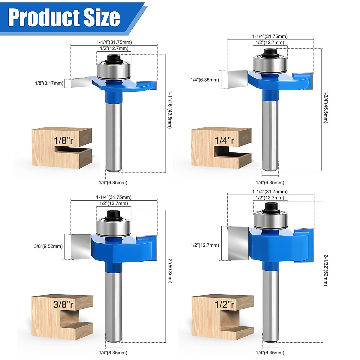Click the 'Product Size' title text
tap(64, 17)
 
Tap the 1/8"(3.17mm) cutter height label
tap(49, 83)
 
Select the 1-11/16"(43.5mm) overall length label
tap(170, 109)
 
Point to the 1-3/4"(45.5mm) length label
tap(326, 106)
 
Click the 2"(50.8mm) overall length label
tap(170, 271)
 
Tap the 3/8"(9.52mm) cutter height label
tap(48, 246)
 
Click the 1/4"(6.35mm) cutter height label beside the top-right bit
tap(205, 80)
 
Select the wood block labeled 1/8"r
tap(62, 147)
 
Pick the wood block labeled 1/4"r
tap(221, 147)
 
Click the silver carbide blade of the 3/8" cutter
tap(81, 247)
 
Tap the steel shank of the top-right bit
tap(270, 135)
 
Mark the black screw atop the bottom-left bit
tap(113, 214)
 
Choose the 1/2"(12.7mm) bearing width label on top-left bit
tap(114, 48)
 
